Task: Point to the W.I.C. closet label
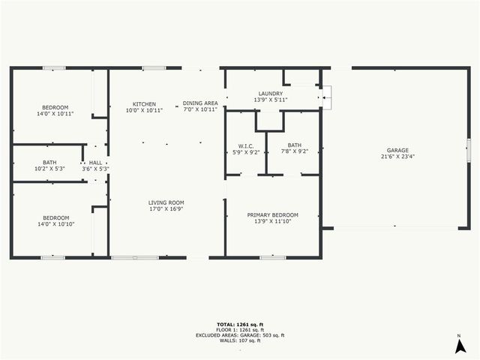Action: [x=245, y=145]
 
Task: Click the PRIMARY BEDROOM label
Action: [x=272, y=215]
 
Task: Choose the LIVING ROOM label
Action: [x=166, y=202]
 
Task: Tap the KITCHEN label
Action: [x=144, y=103]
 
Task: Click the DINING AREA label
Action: [x=200, y=103]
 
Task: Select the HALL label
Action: [x=95, y=163]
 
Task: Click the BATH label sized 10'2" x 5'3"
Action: [x=49, y=163]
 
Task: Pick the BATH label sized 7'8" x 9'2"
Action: [x=294, y=145]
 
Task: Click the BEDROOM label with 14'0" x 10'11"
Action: [x=55, y=107]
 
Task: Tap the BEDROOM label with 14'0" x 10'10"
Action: [x=55, y=218]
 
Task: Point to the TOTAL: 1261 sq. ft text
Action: [x=239, y=324]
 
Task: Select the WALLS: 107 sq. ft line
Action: [x=239, y=340]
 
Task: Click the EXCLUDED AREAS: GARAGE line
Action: [x=239, y=335]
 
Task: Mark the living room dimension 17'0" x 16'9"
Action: [x=166, y=209]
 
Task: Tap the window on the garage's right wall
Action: [x=468, y=150]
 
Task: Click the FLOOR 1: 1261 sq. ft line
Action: [x=239, y=330]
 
